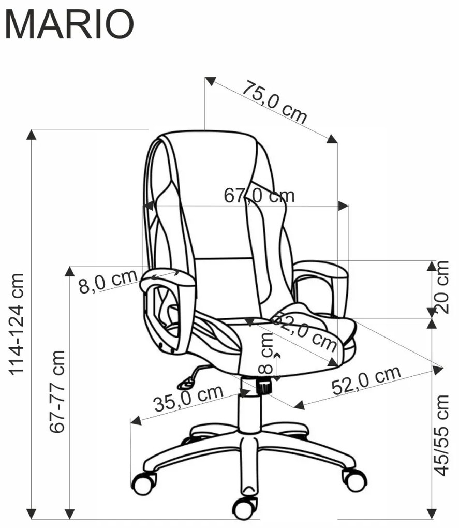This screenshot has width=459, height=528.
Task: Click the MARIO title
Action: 70,24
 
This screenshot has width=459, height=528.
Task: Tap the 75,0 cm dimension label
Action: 275,102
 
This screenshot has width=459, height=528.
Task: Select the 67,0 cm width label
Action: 259,195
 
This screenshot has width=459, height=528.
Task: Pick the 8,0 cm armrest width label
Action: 108,281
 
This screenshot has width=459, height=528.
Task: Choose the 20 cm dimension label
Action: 442,287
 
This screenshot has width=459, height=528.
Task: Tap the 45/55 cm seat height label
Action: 442,435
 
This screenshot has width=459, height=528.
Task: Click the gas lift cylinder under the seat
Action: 249,404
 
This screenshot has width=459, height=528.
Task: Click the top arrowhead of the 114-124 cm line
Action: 31,135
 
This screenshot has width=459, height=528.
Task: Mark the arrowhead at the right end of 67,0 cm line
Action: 343,206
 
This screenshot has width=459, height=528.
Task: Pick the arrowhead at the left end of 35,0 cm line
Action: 136,420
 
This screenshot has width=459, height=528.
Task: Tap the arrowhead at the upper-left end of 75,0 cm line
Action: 210,81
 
